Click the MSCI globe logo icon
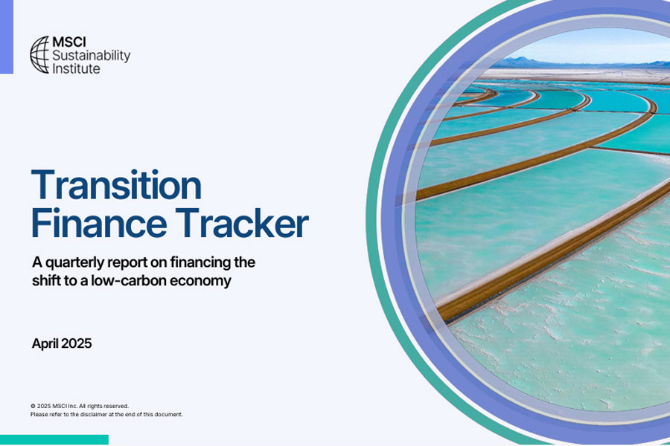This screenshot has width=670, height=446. (x=39, y=54)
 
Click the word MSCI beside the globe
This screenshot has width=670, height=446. (x=69, y=42)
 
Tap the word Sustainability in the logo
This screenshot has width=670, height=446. (x=91, y=56)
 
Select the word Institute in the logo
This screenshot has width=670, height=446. (x=76, y=68)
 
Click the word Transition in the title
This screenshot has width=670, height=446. (x=116, y=185)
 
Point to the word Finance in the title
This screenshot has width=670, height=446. (x=99, y=223)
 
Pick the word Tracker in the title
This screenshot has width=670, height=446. (x=242, y=222)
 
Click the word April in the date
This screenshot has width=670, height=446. (x=45, y=344)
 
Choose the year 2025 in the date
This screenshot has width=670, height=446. (x=77, y=343)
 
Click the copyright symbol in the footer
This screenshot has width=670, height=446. (x=33, y=406)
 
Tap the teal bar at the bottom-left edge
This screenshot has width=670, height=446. (x=54, y=439)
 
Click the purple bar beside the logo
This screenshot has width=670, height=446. (x=7, y=36)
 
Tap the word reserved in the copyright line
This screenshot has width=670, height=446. (x=117, y=406)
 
